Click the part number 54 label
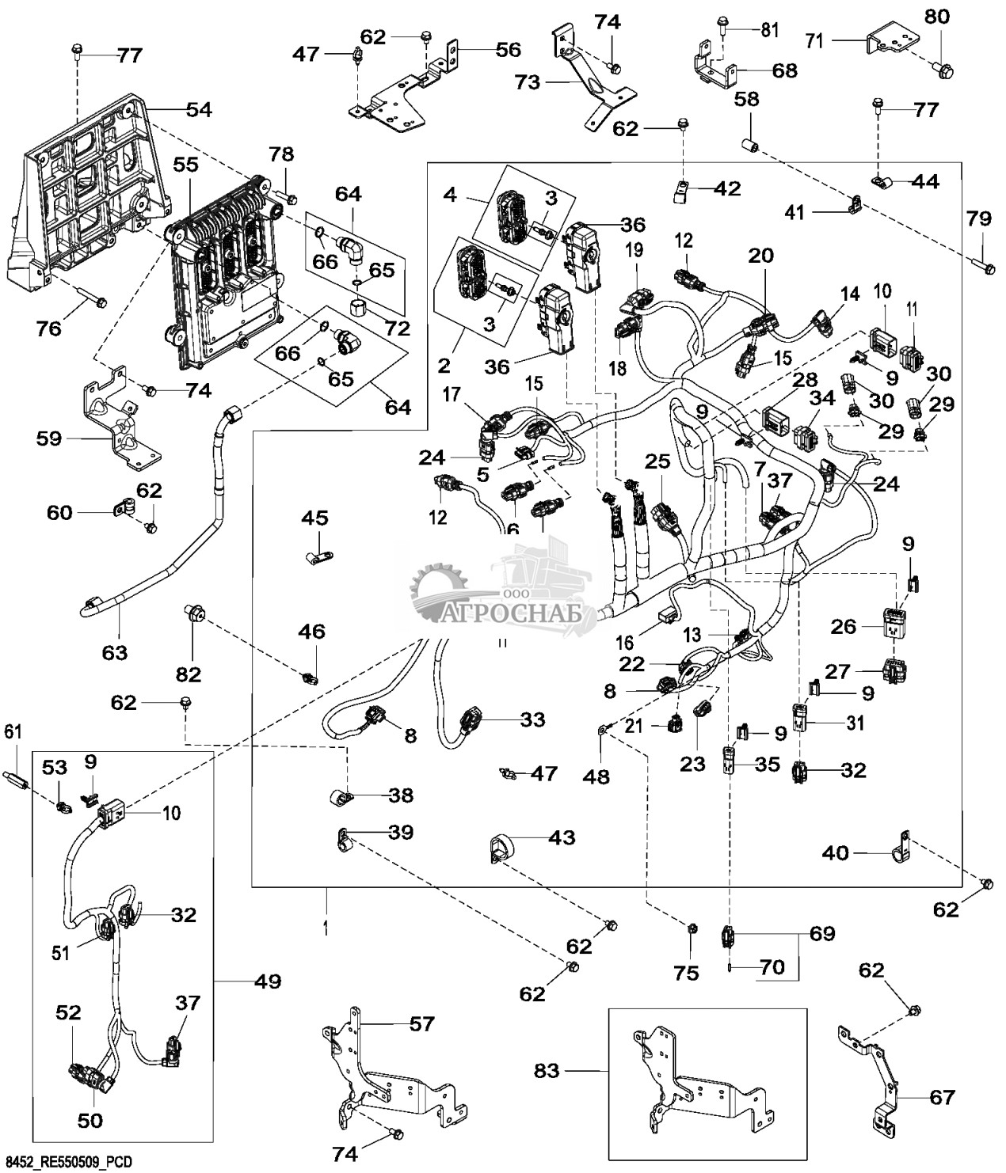(199, 110)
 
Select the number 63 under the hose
(114, 653)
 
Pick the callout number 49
(267, 982)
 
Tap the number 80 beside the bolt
(938, 17)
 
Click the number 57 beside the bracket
(421, 1024)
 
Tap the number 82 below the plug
(189, 674)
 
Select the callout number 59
(49, 438)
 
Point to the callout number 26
(844, 627)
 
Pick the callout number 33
(532, 719)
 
